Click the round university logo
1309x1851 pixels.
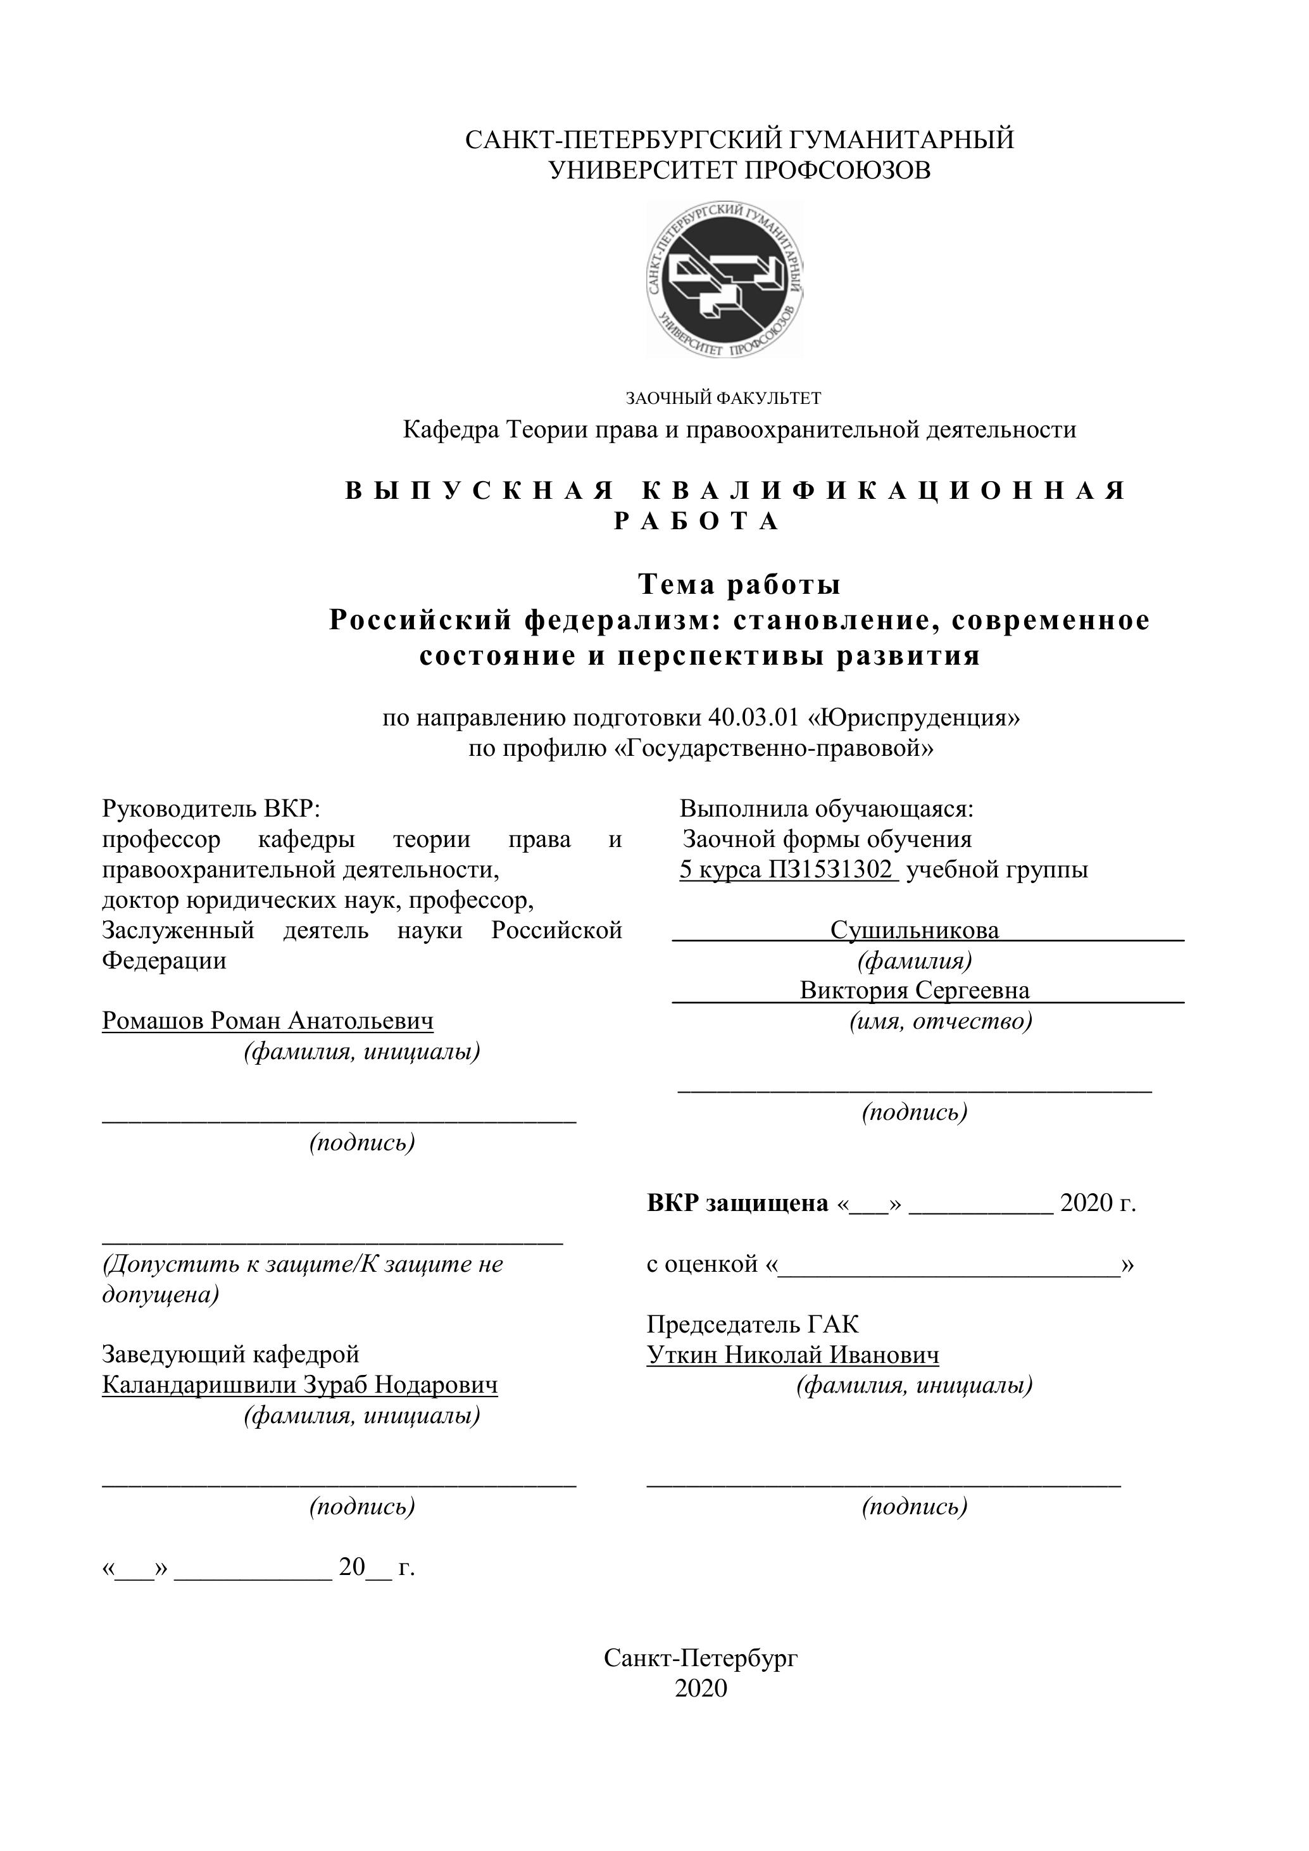click(725, 279)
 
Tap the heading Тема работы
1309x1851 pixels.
click(739, 584)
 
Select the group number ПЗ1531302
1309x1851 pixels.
click(831, 869)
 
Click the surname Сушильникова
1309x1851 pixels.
click(914, 931)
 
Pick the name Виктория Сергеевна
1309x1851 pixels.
click(914, 990)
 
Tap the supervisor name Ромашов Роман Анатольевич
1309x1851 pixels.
click(268, 1020)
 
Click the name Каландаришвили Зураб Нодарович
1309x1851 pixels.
click(300, 1385)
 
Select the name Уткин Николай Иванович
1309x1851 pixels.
click(792, 1355)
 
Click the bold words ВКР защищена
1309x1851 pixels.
click(737, 1203)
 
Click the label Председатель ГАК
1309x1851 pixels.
click(752, 1324)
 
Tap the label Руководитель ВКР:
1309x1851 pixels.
click(211, 808)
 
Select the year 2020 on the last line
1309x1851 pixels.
click(701, 1688)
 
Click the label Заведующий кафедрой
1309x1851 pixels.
click(230, 1355)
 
